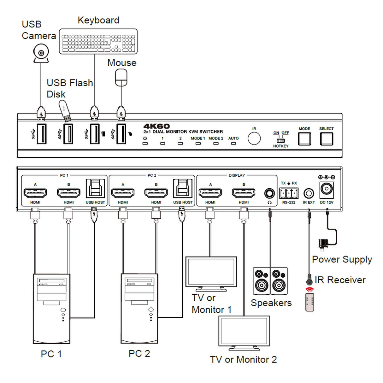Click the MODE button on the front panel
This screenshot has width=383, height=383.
pyautogui.click(x=304, y=139)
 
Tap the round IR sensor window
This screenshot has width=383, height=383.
pyautogui.click(x=254, y=138)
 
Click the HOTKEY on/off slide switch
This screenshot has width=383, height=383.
pyautogui.click(x=281, y=140)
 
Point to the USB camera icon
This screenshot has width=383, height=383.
pyautogui.click(x=41, y=53)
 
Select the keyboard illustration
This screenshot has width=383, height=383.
pyautogui.click(x=98, y=41)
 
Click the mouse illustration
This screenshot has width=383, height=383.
pyautogui.click(x=121, y=78)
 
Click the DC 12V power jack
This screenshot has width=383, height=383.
pyautogui.click(x=327, y=190)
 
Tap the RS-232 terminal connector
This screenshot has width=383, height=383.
pyautogui.click(x=289, y=193)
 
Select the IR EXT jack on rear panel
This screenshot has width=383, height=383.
pyautogui.click(x=309, y=193)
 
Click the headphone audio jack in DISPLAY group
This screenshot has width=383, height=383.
pyautogui.click(x=269, y=193)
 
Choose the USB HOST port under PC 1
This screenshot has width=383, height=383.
pyautogui.click(x=95, y=189)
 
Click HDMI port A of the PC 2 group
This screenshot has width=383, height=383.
pyautogui.click(x=123, y=193)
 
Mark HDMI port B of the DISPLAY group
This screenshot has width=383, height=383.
pyautogui.click(x=244, y=193)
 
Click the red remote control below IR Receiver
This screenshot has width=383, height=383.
pyautogui.click(x=310, y=302)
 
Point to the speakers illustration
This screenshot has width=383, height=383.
pyautogui.click(x=270, y=281)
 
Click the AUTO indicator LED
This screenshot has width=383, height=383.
pyautogui.click(x=233, y=144)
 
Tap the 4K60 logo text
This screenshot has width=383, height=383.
pyautogui.click(x=156, y=126)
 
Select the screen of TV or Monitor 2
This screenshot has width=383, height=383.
pyautogui.click(x=244, y=331)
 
